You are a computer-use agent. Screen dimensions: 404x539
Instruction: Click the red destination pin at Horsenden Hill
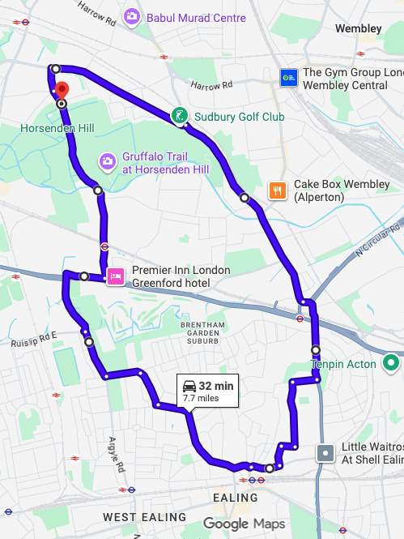[x=62, y=92]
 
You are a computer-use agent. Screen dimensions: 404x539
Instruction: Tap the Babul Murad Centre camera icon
[x=131, y=16]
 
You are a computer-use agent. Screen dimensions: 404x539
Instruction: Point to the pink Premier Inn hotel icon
[x=115, y=276]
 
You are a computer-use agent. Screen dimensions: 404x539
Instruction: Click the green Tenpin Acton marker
[x=391, y=363]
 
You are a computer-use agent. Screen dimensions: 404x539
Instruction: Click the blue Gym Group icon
[x=288, y=78]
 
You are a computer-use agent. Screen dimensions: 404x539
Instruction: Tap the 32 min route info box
[x=207, y=391]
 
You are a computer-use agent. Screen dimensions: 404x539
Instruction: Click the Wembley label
[x=358, y=28]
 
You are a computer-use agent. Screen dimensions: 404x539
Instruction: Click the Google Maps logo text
[x=244, y=524]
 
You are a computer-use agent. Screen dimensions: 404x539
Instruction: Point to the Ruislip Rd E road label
[x=34, y=341]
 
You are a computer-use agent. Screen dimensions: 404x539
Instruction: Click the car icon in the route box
[x=189, y=386]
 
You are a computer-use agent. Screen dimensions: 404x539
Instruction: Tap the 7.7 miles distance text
[x=202, y=398]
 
